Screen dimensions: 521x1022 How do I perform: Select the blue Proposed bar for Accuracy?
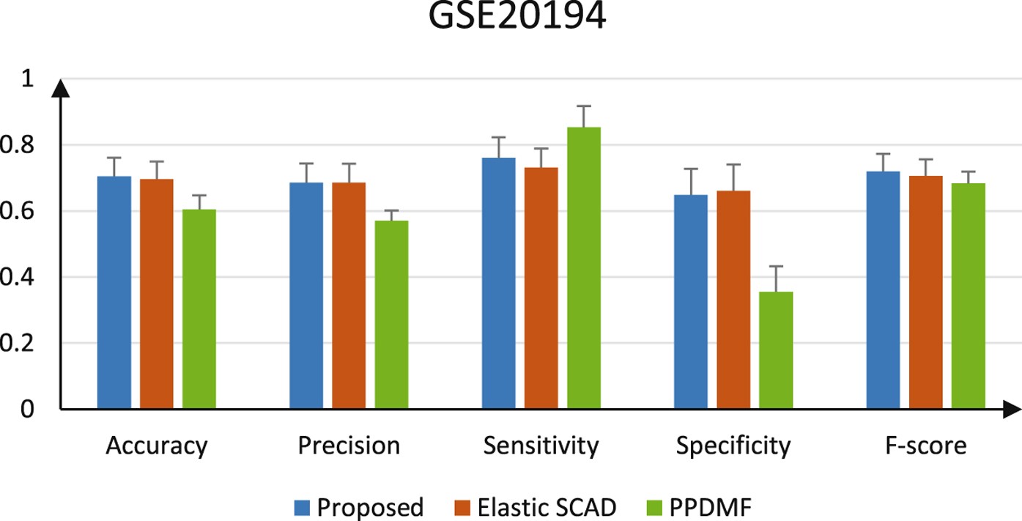[114, 292]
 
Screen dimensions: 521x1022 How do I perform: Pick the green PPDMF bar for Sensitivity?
[584, 268]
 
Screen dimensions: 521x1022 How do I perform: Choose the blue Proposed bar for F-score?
[883, 290]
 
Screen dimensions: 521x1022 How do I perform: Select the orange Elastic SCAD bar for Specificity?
[733, 300]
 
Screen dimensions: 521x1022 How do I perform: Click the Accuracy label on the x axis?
[157, 446]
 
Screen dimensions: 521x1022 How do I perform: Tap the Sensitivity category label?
[541, 446]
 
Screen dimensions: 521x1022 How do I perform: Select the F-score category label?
[925, 446]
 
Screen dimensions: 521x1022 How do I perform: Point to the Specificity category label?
[733, 446]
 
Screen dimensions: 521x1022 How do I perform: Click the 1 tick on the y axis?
[28, 79]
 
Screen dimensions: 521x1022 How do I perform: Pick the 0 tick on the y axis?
[28, 409]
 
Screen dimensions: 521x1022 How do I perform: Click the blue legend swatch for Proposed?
[303, 506]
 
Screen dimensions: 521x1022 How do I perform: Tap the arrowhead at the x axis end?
[1011, 409]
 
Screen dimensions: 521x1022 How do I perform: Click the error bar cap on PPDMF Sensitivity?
[584, 106]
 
